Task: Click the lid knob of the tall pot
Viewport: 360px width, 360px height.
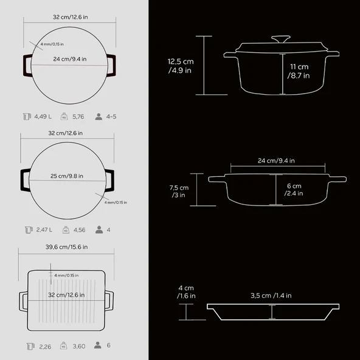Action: click(x=281, y=39)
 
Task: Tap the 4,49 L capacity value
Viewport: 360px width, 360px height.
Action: click(x=43, y=117)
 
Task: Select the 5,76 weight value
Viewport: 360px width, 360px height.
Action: click(x=78, y=117)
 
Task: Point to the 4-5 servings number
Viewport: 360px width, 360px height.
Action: click(x=111, y=117)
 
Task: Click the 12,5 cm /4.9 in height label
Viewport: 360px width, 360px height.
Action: click(x=181, y=66)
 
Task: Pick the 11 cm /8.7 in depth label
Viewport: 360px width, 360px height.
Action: click(x=299, y=71)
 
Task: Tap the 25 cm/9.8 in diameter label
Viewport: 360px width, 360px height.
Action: click(x=67, y=176)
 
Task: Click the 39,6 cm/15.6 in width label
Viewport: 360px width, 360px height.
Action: click(x=66, y=247)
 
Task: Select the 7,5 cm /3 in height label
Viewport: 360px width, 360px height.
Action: click(x=179, y=191)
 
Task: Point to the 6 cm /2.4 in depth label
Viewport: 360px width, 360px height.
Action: click(x=294, y=190)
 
